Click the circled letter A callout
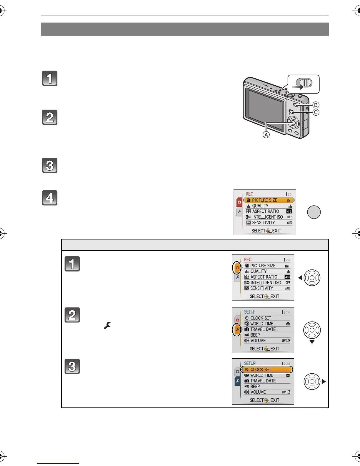[x=266, y=135]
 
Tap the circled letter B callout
[x=316, y=105]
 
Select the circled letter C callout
[x=316, y=112]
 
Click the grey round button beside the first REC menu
[x=314, y=212]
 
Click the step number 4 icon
[x=50, y=198]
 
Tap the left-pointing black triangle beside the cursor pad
[x=300, y=278]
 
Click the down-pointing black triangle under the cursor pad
[x=312, y=342]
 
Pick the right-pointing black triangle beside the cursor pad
[x=324, y=382]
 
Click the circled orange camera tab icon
[x=237, y=268]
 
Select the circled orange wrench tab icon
[x=237, y=330]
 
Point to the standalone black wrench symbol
[x=107, y=326]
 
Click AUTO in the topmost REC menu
[x=289, y=223]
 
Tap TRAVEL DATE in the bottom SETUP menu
[x=263, y=381]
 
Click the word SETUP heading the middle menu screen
[x=250, y=312]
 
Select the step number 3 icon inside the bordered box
[x=72, y=367]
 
